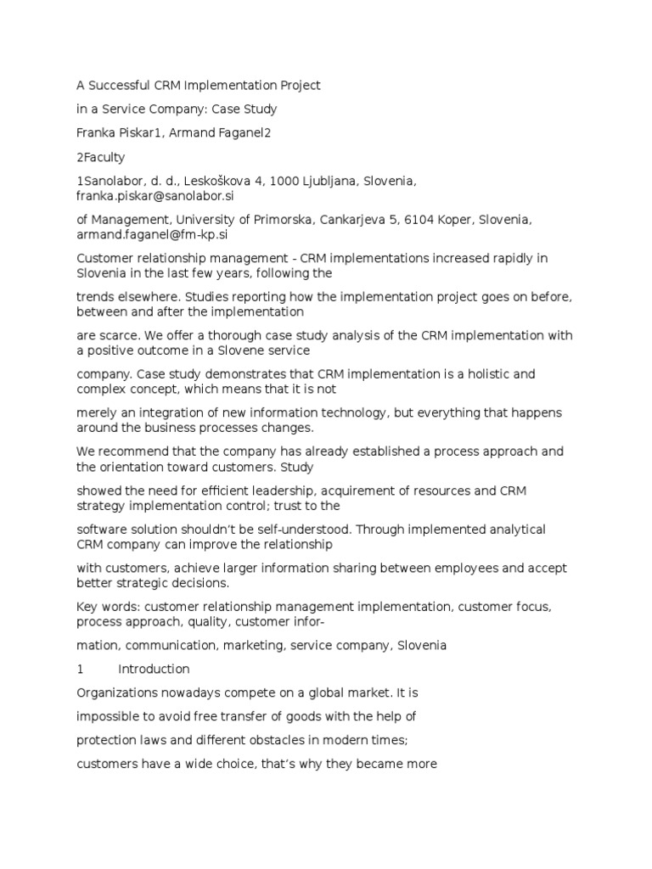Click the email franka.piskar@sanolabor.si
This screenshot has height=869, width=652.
click(155, 195)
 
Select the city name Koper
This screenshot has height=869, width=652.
click(459, 220)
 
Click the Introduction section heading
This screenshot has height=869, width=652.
click(154, 669)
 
